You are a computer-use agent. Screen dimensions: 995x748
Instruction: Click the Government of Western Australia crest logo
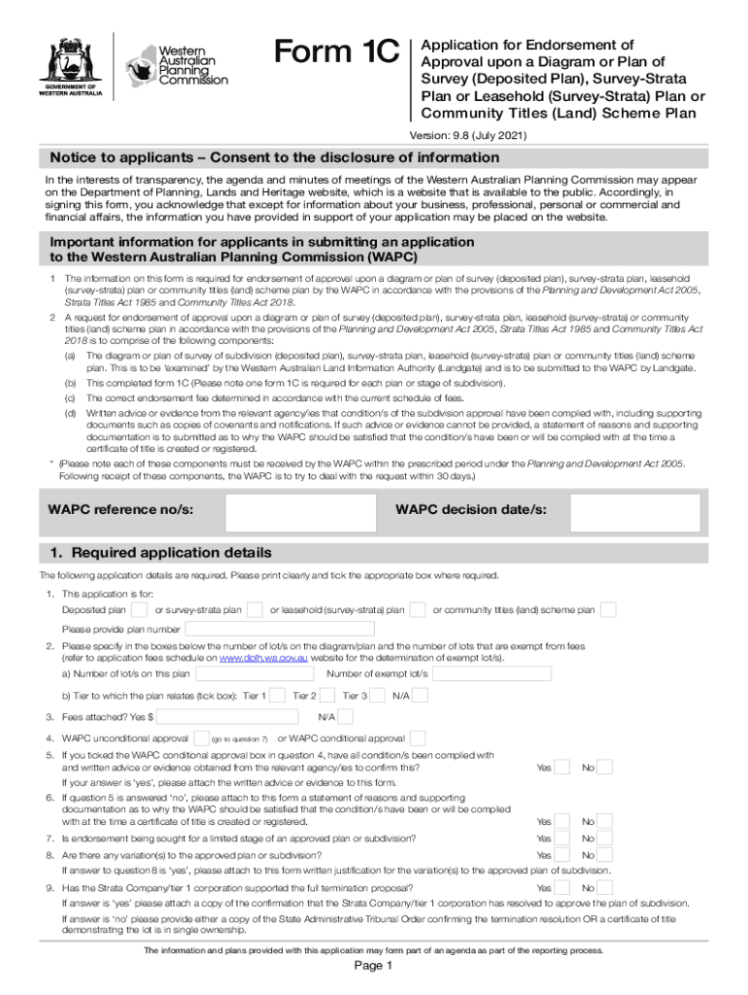pyautogui.click(x=69, y=65)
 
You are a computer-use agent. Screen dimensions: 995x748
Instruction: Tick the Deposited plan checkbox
pyautogui.click(x=139, y=610)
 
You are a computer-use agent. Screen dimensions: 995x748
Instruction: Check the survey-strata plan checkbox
pyautogui.click(x=255, y=610)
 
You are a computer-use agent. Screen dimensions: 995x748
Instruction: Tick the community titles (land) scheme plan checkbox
pyautogui.click(x=608, y=610)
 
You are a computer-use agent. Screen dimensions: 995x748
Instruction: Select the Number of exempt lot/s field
pyautogui.click(x=492, y=673)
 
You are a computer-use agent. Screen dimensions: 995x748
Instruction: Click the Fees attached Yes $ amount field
pyautogui.click(x=228, y=717)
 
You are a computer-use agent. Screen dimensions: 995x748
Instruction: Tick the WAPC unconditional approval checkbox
pyautogui.click(x=201, y=738)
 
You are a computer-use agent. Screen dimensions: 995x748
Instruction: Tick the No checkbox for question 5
pyautogui.click(x=604, y=768)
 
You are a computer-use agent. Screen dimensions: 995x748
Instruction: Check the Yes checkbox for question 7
pyautogui.click(x=561, y=839)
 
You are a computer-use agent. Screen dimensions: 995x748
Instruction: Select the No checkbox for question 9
pyautogui.click(x=604, y=888)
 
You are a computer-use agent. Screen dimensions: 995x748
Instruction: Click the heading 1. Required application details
pyautogui.click(x=161, y=553)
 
